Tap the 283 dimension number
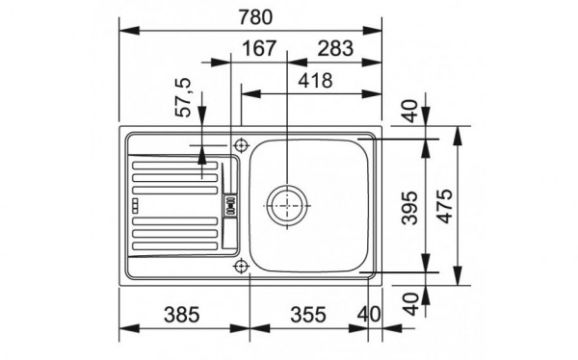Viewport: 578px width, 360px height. click(x=328, y=48)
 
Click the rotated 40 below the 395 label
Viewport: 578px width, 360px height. click(x=411, y=303)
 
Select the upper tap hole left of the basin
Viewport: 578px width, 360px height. click(x=241, y=146)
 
